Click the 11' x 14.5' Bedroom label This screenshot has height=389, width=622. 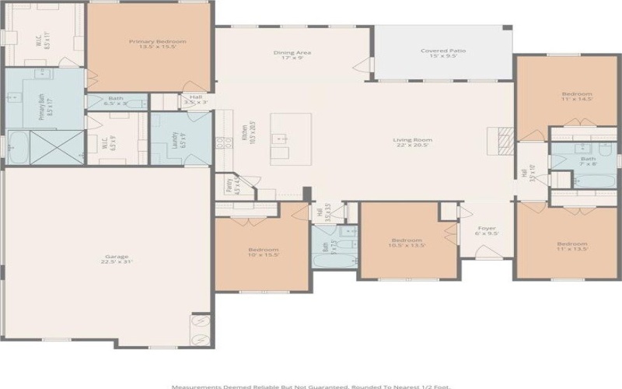[576, 96]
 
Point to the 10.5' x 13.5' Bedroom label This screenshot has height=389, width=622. [406, 243]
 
